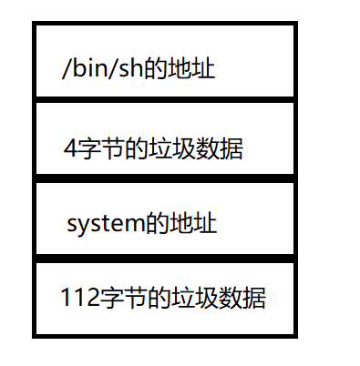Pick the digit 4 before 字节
tap(70, 147)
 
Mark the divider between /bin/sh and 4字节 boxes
tap(165, 99)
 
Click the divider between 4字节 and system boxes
tap(165, 178)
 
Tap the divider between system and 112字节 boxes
tap(165, 259)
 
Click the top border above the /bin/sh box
tap(165, 25)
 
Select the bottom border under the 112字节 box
tap(165, 334)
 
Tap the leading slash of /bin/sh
tap(65, 69)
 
